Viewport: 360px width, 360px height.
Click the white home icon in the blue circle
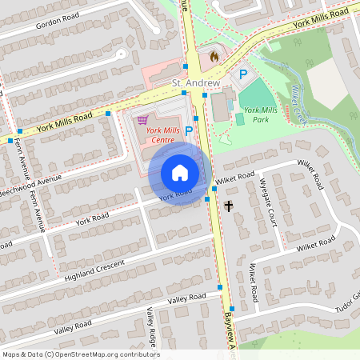pos(180,173)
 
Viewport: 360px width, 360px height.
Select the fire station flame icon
pos(214,57)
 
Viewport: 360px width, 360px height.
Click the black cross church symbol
pos(229,206)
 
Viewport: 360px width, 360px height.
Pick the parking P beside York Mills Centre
pos(189,130)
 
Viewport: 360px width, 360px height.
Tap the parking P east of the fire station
pos(243,74)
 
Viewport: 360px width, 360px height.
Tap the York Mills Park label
pos(258,114)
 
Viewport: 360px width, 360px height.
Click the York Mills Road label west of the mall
pos(64,122)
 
